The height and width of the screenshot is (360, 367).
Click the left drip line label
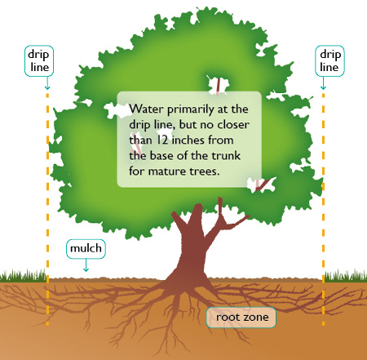click(x=39, y=60)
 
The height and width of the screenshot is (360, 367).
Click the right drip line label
click(x=329, y=60)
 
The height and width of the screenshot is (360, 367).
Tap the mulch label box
click(x=86, y=249)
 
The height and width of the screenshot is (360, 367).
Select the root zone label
click(x=241, y=318)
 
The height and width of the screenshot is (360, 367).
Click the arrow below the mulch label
click(x=86, y=265)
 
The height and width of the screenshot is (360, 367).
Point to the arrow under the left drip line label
click(x=47, y=83)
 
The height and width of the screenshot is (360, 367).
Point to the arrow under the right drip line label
click(x=323, y=83)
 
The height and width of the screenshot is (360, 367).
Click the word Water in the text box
click(x=146, y=109)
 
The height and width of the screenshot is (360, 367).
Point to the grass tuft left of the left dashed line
click(x=23, y=275)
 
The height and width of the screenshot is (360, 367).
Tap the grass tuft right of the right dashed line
click(x=346, y=275)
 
